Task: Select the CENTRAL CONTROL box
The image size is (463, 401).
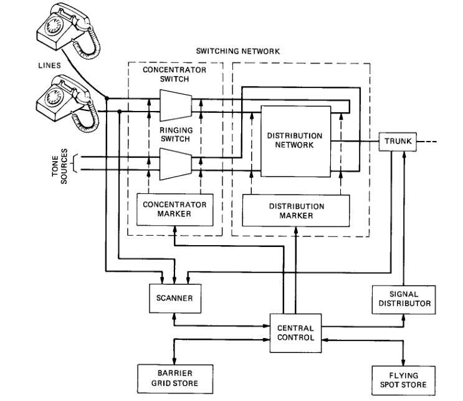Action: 295,333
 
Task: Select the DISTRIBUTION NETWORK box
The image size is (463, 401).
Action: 295,141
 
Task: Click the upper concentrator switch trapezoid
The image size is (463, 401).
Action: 176,104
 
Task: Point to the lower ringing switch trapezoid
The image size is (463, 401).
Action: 176,163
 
